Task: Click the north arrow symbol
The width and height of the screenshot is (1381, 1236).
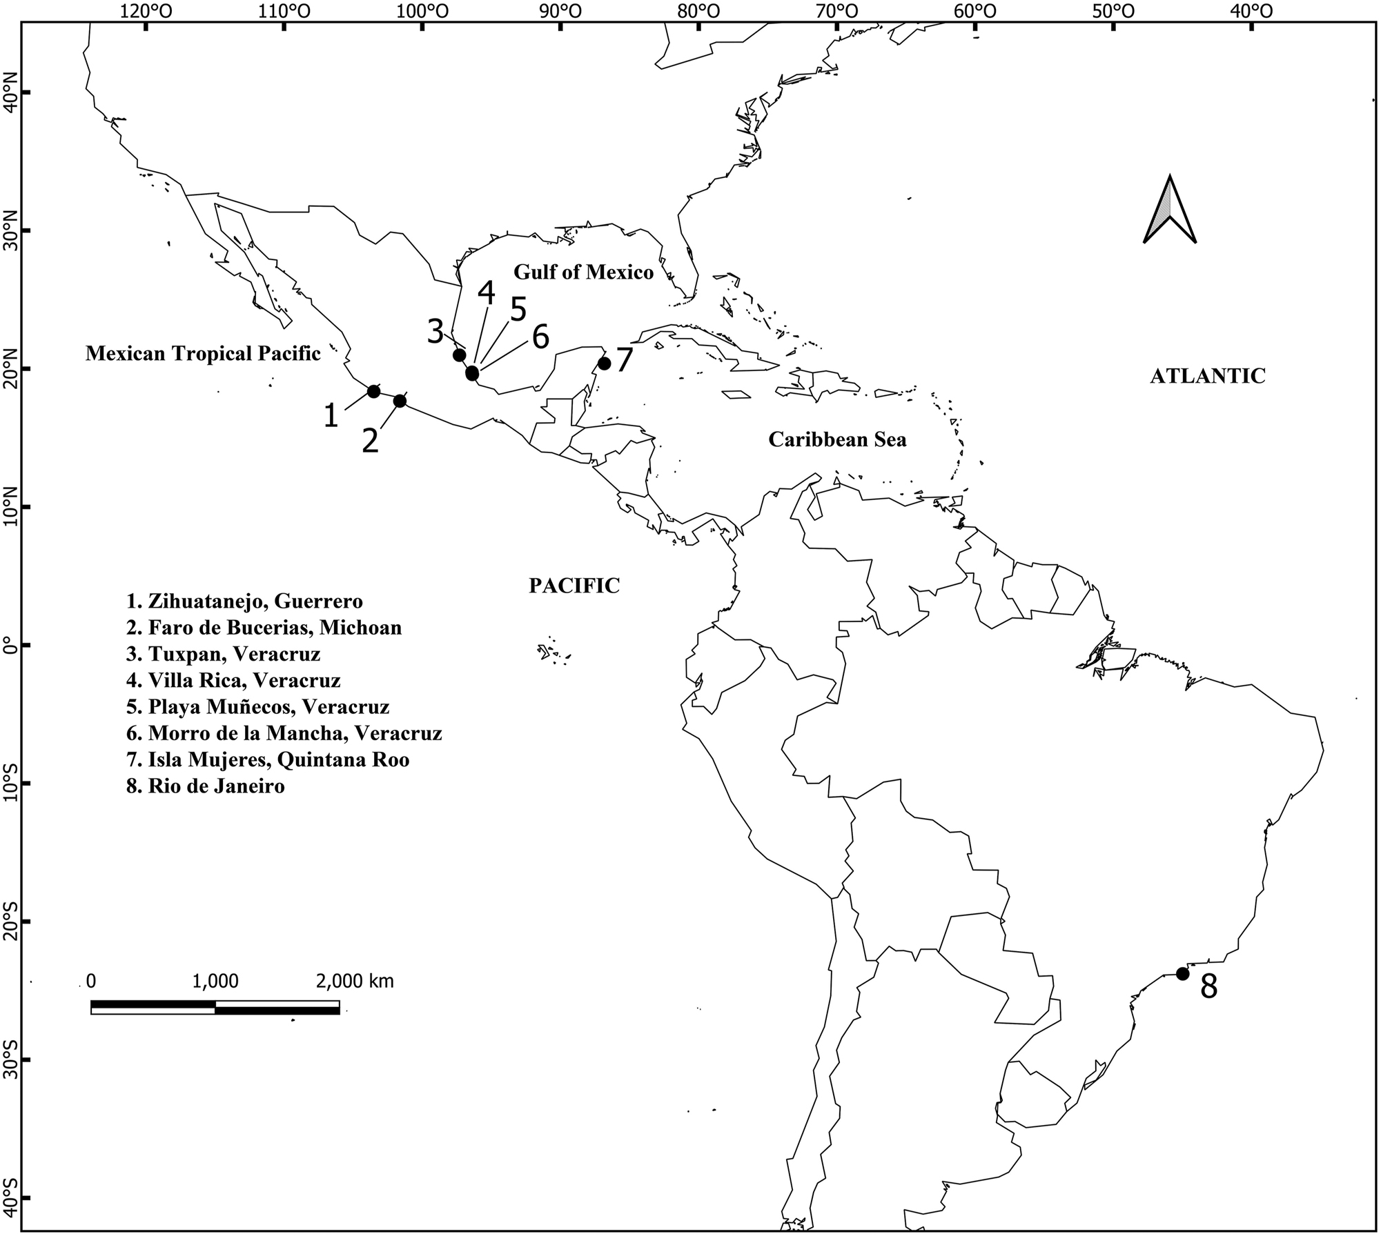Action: tap(1170, 210)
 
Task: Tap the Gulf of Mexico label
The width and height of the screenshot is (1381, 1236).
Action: tap(583, 272)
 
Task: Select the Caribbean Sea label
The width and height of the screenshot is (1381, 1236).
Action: tap(837, 439)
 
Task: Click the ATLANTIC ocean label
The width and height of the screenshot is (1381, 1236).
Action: tap(1208, 375)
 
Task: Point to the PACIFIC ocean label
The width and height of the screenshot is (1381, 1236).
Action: tap(574, 586)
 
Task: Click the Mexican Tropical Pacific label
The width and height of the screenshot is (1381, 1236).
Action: tap(203, 354)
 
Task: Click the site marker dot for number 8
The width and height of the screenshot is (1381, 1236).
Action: tap(1182, 974)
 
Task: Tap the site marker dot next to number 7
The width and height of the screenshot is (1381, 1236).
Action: tap(605, 363)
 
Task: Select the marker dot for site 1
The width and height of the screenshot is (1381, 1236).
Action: tap(374, 391)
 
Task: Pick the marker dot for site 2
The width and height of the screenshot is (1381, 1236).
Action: tap(400, 401)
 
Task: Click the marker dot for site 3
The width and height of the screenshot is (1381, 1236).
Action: tap(459, 355)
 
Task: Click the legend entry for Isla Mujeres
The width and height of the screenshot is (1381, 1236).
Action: tap(268, 759)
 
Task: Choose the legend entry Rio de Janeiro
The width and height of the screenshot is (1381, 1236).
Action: tap(206, 786)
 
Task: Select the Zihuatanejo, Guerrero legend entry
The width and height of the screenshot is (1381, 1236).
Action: tap(244, 601)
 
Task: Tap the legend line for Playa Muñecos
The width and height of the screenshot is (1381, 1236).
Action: tap(258, 707)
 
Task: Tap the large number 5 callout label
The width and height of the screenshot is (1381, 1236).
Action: tap(518, 310)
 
